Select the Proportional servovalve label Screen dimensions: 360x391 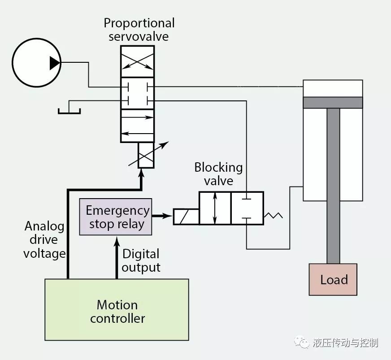(139, 30)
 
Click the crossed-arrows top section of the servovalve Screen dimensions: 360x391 (138, 61)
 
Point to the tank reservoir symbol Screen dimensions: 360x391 (69, 110)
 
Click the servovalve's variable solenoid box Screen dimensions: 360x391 (146, 155)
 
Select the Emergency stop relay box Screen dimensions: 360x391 (116, 217)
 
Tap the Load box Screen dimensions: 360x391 (333, 279)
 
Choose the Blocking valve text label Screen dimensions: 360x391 (218, 174)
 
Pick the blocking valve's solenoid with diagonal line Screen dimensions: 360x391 (187, 217)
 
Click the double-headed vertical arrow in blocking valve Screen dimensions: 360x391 (215, 208)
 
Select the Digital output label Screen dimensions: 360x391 (141, 260)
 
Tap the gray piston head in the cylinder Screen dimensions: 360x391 (333, 102)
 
